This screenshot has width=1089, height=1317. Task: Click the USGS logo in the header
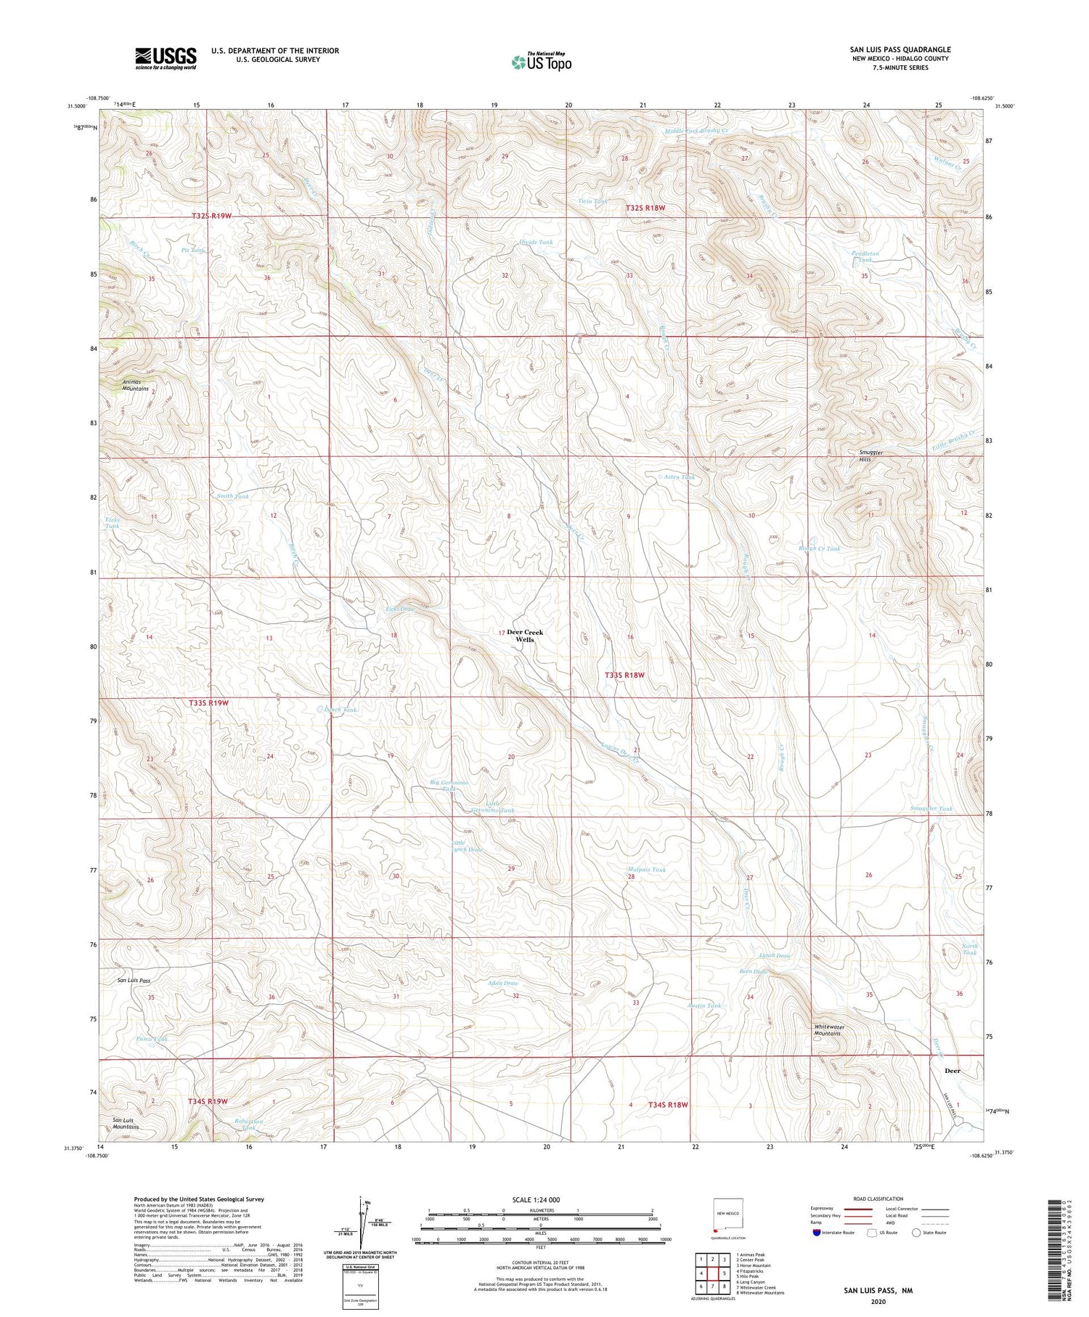pos(166,58)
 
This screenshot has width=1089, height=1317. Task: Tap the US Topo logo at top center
pos(541,62)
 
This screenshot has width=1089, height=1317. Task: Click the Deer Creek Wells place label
pos(525,636)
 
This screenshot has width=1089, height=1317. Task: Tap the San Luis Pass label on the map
pos(134,980)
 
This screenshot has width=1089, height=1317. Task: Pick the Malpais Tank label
pos(646,870)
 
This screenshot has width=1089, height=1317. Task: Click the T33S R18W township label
pos(625,675)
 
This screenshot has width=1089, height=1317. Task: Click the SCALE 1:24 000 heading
pos(537,1199)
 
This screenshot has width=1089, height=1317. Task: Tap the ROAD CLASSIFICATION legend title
pos(878,1199)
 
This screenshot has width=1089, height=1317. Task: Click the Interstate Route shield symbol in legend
pos(816,1233)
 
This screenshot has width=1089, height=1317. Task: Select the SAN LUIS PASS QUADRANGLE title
pos(900,49)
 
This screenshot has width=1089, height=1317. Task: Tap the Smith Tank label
pos(233,496)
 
